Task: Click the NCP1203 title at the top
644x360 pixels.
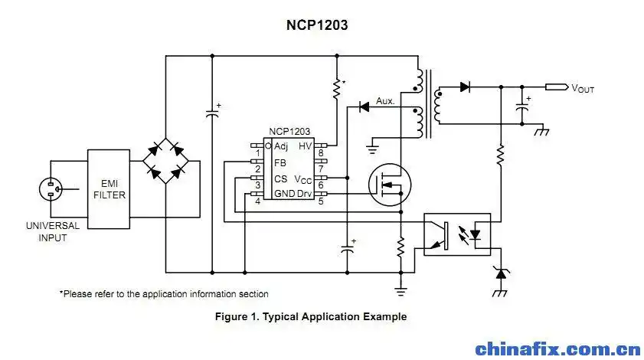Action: [x=317, y=25]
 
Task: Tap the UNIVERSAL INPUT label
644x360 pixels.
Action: [x=52, y=232]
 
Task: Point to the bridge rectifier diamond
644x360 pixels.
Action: [x=168, y=160]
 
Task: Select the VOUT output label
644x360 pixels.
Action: [x=582, y=88]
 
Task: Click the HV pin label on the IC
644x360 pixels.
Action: [x=305, y=146]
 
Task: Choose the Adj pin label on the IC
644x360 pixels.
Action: [x=281, y=146]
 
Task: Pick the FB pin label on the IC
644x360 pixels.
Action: [x=280, y=162]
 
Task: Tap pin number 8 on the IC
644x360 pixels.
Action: [x=321, y=152]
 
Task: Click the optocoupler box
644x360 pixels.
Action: [x=458, y=234]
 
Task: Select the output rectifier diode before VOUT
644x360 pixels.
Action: [x=465, y=87]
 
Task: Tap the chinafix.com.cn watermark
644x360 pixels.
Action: [x=557, y=349]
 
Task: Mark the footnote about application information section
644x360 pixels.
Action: [x=164, y=293]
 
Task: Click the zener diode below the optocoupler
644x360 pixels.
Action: [x=502, y=272]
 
